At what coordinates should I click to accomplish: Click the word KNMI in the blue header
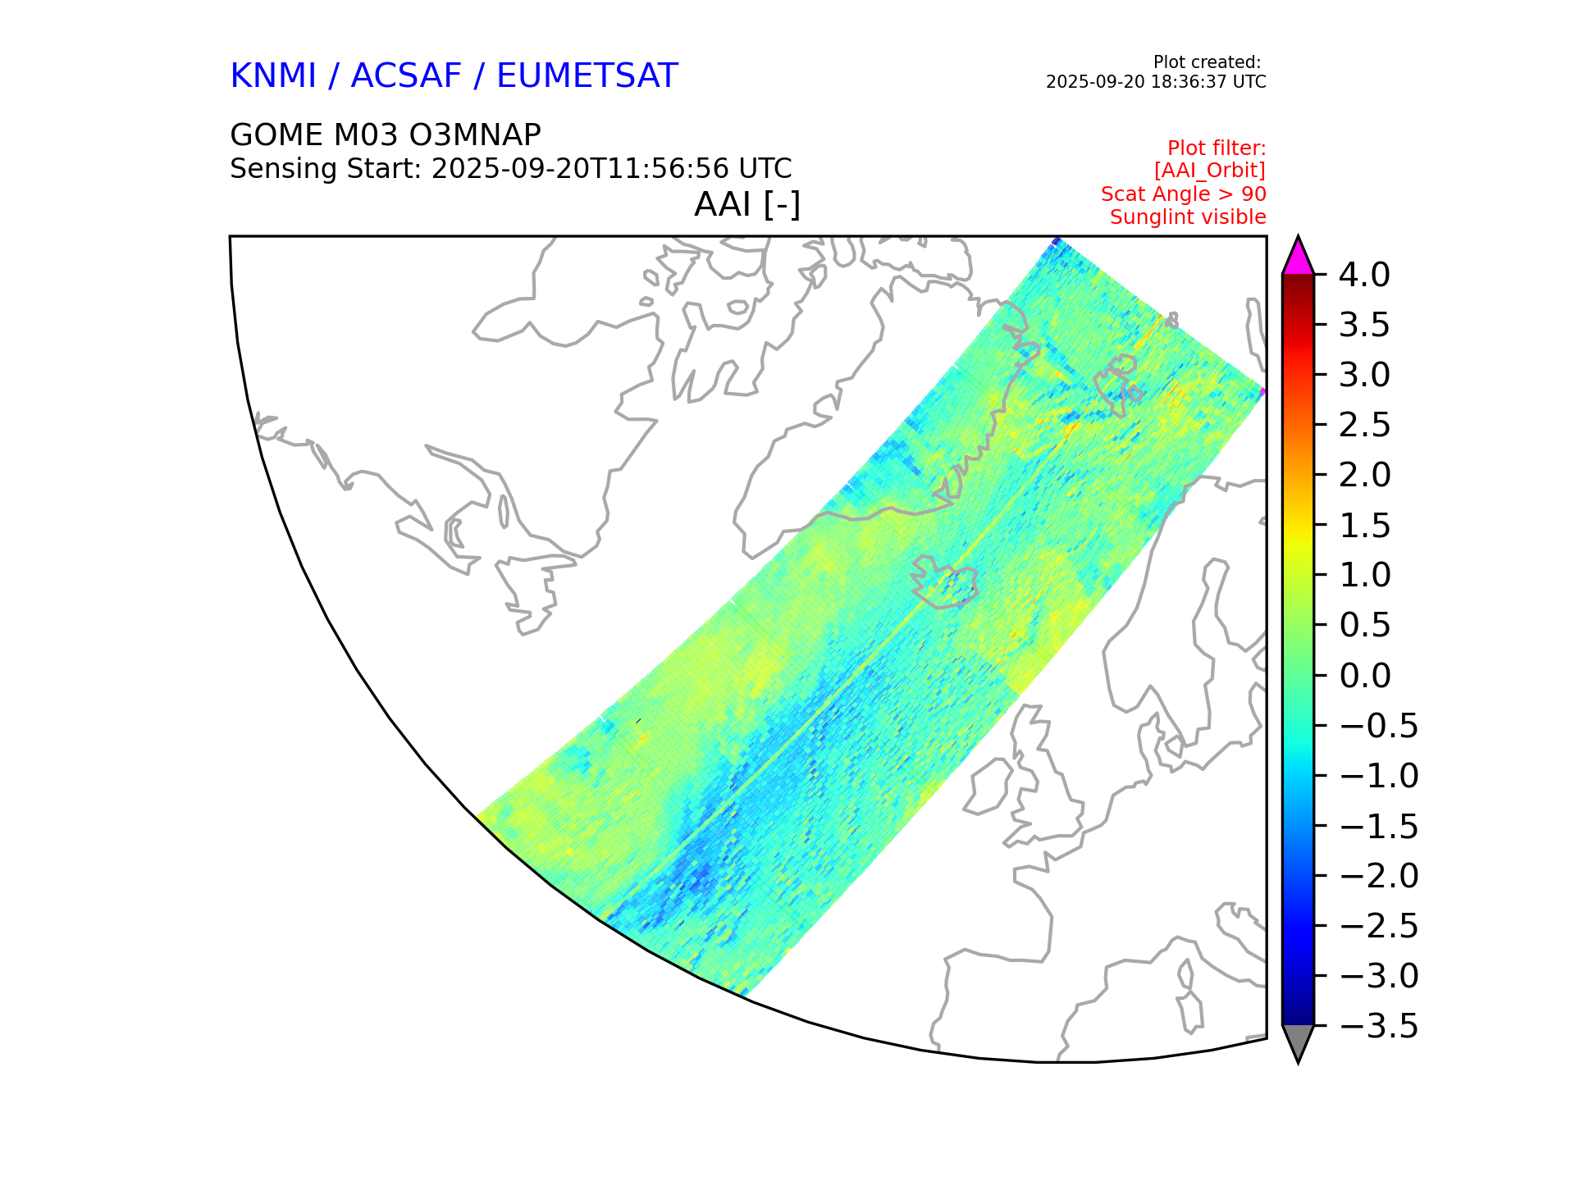point(272,76)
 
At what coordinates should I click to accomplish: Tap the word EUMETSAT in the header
point(587,76)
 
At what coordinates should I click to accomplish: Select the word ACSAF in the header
point(406,76)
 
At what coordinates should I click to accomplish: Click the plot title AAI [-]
point(747,204)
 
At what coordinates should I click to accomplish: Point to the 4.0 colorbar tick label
point(1364,275)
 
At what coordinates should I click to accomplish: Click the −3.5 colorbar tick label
point(1378,1026)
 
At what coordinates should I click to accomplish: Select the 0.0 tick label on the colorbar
point(1364,676)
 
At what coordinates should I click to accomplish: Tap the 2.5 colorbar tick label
point(1364,425)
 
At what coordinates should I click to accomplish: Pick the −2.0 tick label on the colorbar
point(1378,876)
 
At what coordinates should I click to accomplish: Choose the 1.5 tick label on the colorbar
point(1364,526)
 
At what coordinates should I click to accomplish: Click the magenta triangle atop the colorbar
point(1298,257)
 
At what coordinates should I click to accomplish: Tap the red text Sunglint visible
point(1188,217)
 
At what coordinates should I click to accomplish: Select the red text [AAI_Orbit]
point(1209,171)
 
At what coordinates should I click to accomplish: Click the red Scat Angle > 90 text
point(1183,194)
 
